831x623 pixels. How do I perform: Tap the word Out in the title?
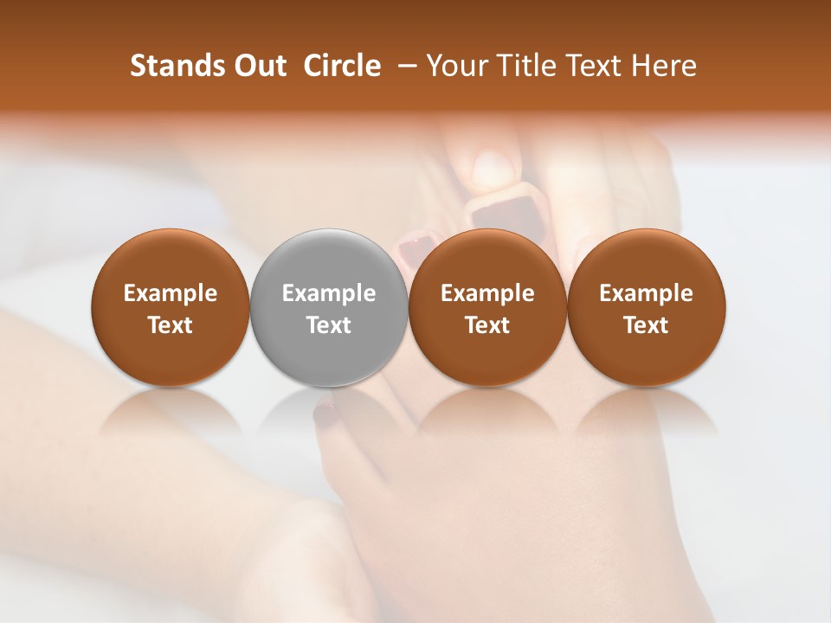click(259, 66)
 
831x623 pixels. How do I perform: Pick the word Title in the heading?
click(525, 66)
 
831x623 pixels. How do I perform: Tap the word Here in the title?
click(664, 66)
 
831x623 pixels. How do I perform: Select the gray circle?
click(329, 307)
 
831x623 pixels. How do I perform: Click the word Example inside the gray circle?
click(329, 293)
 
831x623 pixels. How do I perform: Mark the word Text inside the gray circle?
click(329, 325)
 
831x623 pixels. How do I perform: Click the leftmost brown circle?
click(170, 307)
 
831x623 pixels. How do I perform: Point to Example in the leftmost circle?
click(170, 293)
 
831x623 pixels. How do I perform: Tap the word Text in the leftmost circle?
click(170, 325)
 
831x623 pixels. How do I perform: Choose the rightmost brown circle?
click(646, 307)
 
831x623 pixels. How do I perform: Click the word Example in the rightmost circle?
click(646, 293)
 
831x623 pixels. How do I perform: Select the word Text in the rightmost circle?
click(646, 325)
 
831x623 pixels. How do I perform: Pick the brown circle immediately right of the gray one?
click(487, 307)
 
